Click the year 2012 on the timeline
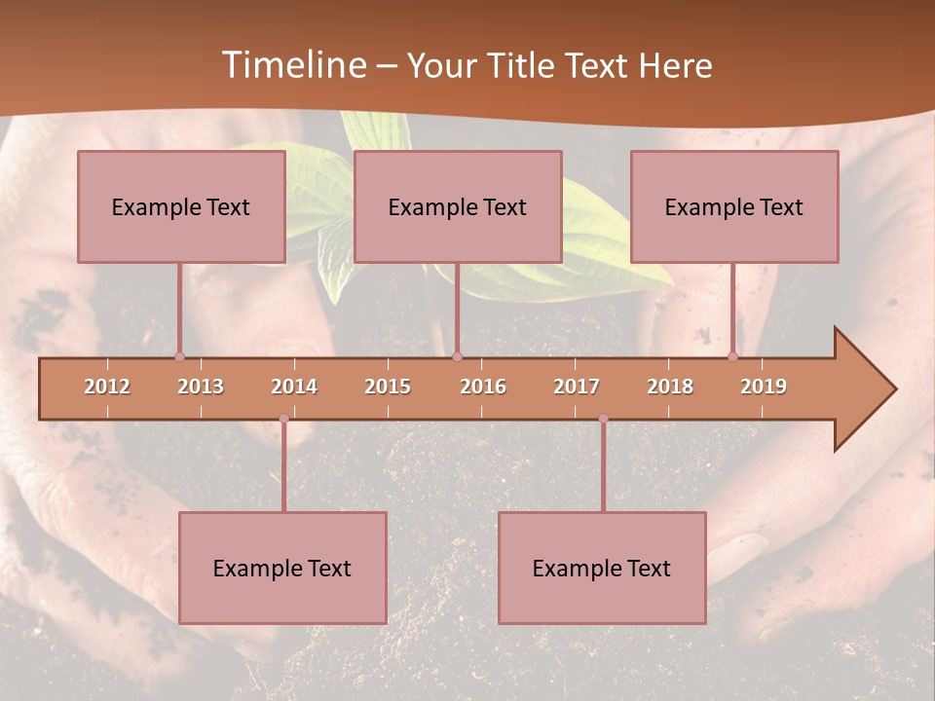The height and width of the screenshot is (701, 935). pos(107,387)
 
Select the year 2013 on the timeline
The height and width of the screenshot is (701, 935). pos(201,387)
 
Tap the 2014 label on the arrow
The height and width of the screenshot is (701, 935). pos(294,387)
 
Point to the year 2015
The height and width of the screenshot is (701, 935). pos(388,387)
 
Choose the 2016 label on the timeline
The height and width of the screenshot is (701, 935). pos(483,387)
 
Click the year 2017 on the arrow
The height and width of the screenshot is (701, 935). pos(577,387)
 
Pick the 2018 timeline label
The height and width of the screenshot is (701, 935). pos(670,387)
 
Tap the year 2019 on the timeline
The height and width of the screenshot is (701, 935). pos(764,387)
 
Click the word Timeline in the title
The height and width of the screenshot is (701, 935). pos(292,65)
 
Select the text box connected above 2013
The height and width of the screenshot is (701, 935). pos(181,206)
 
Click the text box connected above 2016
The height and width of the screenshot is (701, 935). pos(458,206)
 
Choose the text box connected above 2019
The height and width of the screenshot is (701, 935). pos(734,206)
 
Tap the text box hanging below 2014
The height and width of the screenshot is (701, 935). pos(282,568)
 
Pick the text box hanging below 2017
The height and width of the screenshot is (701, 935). pos(602,568)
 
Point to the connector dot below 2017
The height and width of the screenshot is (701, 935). pos(603,419)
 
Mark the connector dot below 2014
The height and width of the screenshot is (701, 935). pos(283,419)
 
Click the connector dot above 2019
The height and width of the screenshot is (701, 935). pos(733,356)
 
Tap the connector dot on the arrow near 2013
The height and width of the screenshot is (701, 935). pos(179,356)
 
